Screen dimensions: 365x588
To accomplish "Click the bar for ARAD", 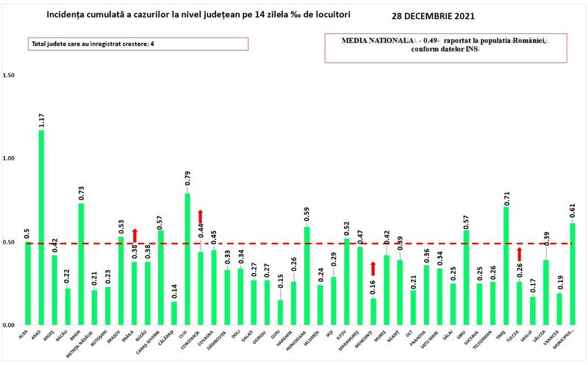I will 41,228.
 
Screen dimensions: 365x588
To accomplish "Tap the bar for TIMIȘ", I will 506,266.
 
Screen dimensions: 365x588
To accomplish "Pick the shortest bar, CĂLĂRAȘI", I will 174,313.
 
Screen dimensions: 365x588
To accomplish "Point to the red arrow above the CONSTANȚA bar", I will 201,217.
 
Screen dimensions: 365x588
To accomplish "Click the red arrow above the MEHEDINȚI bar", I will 373,269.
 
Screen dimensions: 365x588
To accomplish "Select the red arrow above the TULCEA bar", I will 520,255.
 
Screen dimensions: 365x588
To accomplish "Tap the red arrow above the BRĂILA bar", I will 135,235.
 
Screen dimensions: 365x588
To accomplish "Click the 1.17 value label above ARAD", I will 41,120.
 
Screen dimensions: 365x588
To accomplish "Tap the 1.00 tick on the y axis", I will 10,158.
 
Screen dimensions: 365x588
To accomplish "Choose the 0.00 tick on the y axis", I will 10,325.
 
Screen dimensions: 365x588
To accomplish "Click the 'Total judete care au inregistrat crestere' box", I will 139,44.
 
